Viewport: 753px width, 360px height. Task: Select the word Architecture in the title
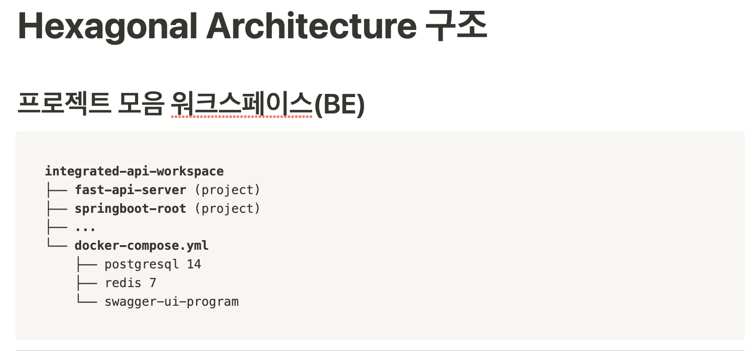pos(311,26)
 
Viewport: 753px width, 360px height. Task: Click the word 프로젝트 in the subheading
pos(64,103)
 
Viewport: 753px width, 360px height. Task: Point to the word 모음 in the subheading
pos(141,103)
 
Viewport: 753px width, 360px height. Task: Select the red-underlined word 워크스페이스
pos(242,103)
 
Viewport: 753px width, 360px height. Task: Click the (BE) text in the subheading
pos(340,104)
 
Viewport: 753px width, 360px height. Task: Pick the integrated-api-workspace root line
pos(134,171)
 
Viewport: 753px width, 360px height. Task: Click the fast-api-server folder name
pos(130,190)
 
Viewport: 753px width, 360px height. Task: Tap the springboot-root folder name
pos(130,209)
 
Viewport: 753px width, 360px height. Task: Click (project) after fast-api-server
pos(227,190)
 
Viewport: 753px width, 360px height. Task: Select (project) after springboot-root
pos(227,209)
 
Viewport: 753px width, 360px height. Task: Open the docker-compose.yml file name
pos(141,246)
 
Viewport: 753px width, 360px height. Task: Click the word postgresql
pos(141,264)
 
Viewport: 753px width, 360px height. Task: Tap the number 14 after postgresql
pos(194,264)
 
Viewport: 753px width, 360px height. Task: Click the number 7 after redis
pos(153,283)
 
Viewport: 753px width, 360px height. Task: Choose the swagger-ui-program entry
pos(171,302)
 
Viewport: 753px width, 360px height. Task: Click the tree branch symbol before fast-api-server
pos(57,190)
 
